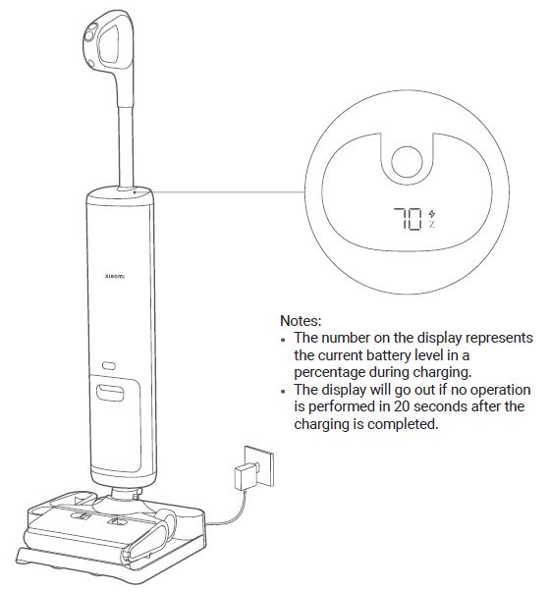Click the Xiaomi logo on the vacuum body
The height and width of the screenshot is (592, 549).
[x=114, y=277]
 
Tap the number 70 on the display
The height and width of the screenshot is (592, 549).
[x=408, y=219]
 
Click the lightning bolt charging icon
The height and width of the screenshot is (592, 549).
[x=431, y=214]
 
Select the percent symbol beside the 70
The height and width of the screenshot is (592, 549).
[x=431, y=224]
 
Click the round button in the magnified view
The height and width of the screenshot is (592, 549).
[x=407, y=161]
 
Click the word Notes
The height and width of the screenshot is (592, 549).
[x=301, y=321]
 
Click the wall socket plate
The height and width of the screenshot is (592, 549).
[x=260, y=466]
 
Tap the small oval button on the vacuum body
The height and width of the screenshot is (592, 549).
[x=109, y=365]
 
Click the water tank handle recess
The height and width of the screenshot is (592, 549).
[x=110, y=393]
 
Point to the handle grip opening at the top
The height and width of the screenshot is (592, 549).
[x=110, y=45]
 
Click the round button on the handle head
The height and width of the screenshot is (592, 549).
[x=90, y=36]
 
